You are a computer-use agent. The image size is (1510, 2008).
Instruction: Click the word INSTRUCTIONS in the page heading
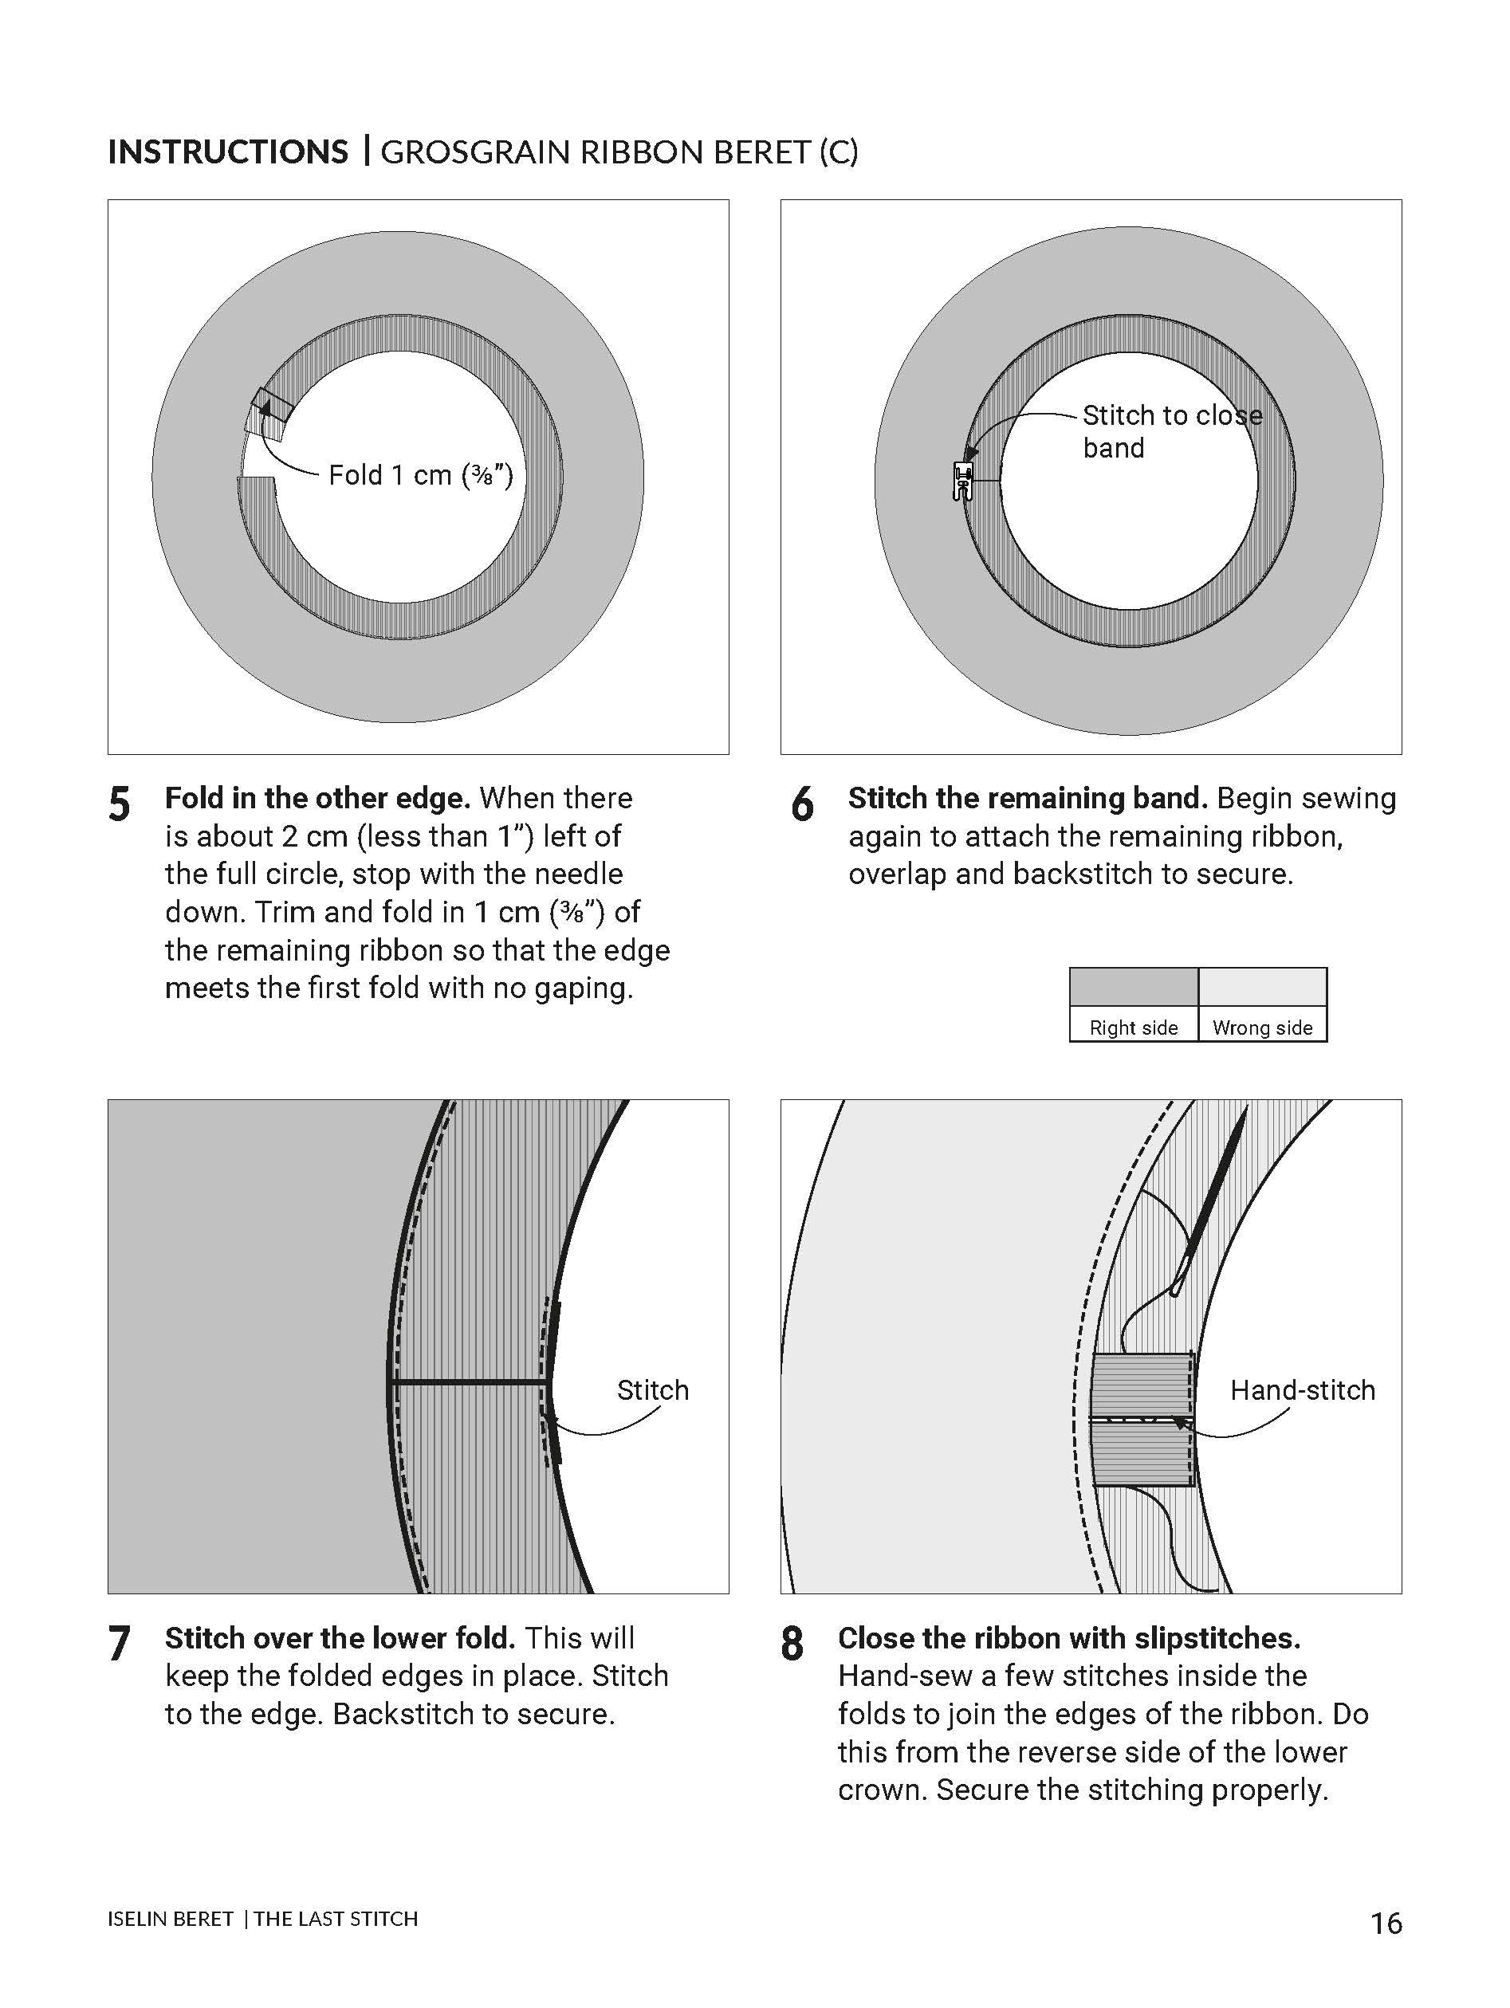[x=227, y=151]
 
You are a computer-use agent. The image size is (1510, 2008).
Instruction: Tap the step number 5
[x=119, y=804]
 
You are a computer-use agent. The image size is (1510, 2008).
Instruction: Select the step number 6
[x=802, y=804]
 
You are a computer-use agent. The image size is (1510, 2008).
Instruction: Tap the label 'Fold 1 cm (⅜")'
[x=420, y=475]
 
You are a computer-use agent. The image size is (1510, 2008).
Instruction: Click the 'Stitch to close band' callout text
[x=1171, y=431]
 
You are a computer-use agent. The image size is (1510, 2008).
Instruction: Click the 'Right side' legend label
[x=1133, y=1028]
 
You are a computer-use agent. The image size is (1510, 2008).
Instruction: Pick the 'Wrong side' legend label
[x=1262, y=1028]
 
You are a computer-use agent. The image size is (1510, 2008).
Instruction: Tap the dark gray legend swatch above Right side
[x=1133, y=987]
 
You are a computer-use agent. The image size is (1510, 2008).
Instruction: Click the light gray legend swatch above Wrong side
[x=1262, y=987]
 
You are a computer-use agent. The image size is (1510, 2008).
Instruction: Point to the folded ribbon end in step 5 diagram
[x=269, y=414]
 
